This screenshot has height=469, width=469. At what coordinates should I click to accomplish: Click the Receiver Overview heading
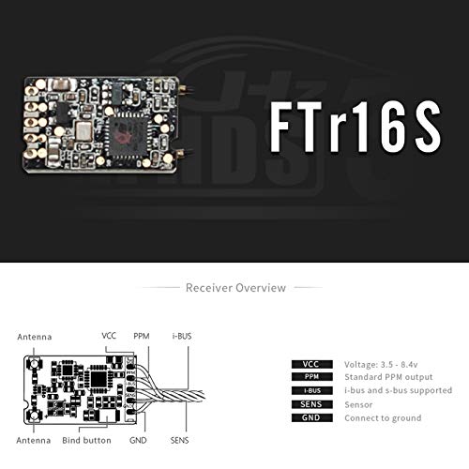point(235,288)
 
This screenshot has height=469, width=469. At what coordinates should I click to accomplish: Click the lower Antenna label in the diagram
point(34,439)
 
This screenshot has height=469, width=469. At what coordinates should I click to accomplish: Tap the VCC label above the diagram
point(109,335)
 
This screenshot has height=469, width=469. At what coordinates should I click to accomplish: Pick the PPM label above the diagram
point(142,335)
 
